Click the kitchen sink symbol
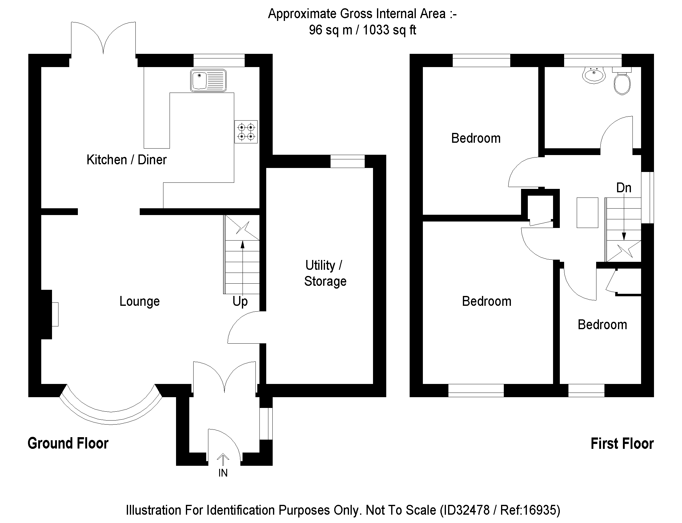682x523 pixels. [x=208, y=80]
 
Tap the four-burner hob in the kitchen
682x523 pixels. [x=246, y=132]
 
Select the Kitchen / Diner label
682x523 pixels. [x=126, y=160]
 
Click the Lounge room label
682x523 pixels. [x=139, y=301]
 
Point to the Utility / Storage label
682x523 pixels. [x=325, y=273]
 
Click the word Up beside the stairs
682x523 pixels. [x=240, y=301]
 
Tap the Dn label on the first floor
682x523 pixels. [x=624, y=188]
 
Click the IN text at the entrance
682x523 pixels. [x=223, y=473]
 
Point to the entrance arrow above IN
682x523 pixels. [x=223, y=459]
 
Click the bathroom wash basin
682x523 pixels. [x=594, y=75]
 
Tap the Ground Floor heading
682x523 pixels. [x=68, y=443]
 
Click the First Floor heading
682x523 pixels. [x=622, y=444]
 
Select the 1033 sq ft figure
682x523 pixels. [x=389, y=30]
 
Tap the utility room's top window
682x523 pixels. [x=347, y=161]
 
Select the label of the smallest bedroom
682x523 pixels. [x=602, y=325]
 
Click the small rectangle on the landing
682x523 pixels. [x=587, y=213]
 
